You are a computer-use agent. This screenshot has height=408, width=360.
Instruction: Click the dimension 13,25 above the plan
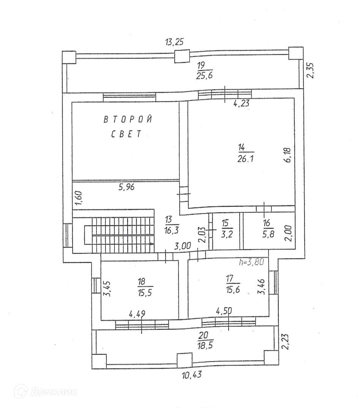174,42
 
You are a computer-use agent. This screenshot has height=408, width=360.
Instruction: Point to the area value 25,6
204,76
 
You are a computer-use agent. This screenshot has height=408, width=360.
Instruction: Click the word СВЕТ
126,134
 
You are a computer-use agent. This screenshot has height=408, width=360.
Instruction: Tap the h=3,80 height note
251,261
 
